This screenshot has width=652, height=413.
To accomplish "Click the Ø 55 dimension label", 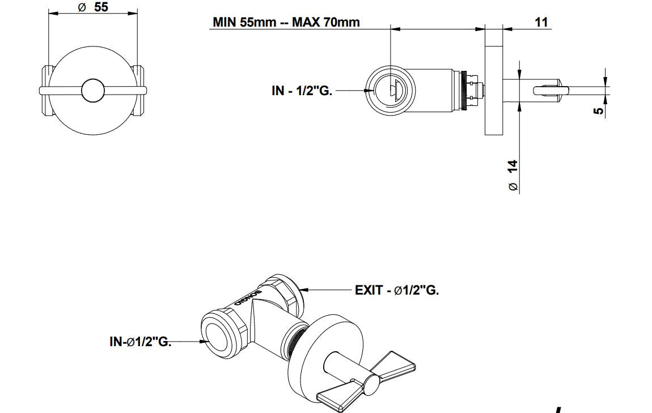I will coord(93,8).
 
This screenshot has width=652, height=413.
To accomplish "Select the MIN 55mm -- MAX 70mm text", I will coord(286,22).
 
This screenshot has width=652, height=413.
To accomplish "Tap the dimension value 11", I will coord(541,22).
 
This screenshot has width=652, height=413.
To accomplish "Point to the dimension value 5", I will coord(599,110).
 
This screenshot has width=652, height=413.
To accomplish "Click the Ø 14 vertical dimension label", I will coord(513,175).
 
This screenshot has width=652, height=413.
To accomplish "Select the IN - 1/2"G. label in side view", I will coord(302,90).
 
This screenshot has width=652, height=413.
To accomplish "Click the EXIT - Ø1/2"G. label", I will coord(397,291).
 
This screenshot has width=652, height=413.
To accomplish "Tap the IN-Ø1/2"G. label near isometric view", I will coord(140,342).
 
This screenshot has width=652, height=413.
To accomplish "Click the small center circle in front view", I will coord(93,91).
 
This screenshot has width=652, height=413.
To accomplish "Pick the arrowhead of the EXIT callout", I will coord(304,290).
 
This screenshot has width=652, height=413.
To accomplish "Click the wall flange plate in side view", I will coord(493,79).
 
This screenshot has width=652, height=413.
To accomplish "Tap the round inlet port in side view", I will coord(390,90).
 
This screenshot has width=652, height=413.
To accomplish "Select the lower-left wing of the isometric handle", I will coord(339,396).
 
